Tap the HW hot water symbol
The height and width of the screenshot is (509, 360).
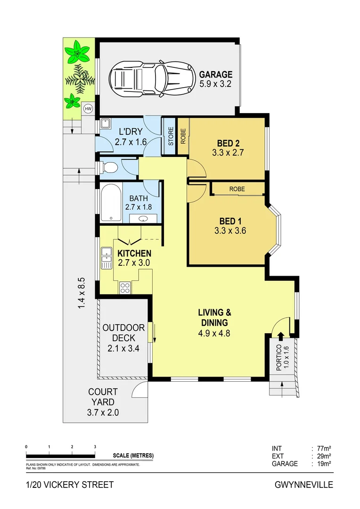[88, 108]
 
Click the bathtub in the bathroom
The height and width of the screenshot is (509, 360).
[110, 204]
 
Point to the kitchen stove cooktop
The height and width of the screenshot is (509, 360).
[125, 287]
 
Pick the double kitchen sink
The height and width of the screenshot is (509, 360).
[106, 258]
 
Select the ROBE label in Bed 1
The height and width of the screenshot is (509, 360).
[237, 189]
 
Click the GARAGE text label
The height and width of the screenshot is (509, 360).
[215, 74]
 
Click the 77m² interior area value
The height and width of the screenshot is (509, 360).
[323, 448]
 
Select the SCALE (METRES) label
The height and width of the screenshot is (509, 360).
[133, 456]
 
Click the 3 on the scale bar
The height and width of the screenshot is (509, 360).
[95, 447]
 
